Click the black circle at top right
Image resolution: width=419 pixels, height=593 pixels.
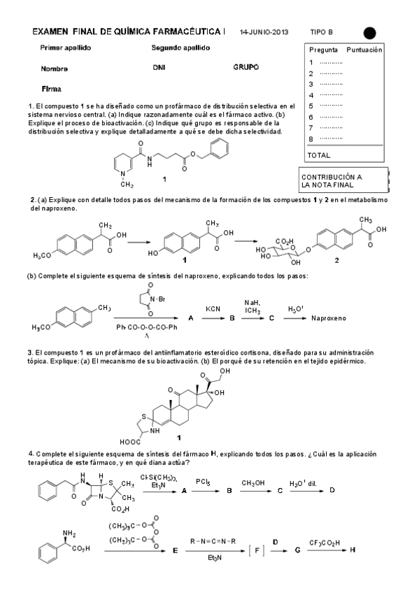(369, 32)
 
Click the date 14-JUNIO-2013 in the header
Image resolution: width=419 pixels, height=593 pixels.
(264, 32)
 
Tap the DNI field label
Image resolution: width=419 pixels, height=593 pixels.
(158, 69)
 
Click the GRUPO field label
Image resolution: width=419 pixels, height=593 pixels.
(246, 68)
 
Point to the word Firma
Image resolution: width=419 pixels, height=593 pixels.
(51, 89)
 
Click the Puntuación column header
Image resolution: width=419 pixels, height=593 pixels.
(364, 50)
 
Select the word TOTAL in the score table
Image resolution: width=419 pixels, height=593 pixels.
(319, 155)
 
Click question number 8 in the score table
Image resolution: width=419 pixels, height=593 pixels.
(310, 138)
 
